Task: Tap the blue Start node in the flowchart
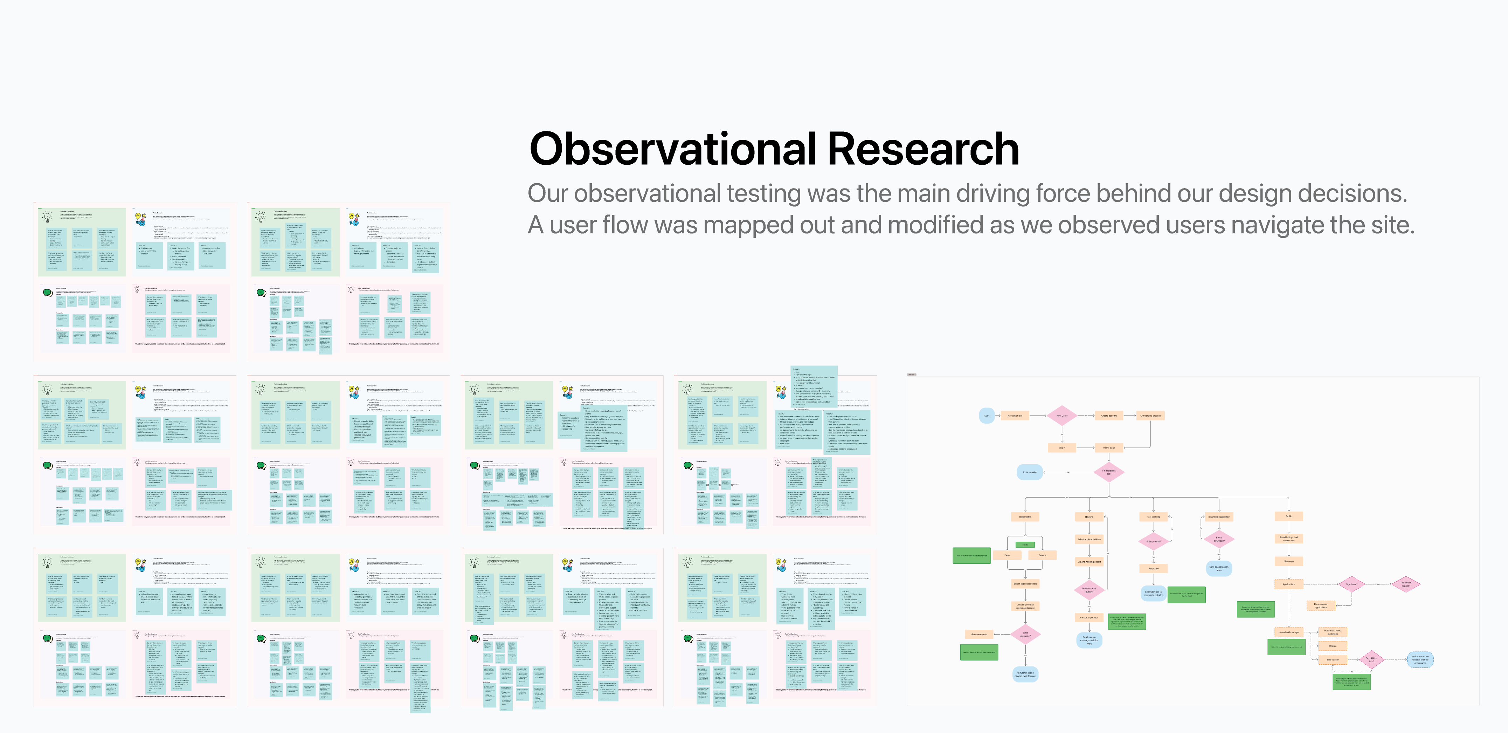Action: pos(987,416)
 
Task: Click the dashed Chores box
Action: pos(1333,646)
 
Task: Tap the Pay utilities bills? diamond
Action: pos(1372,660)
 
